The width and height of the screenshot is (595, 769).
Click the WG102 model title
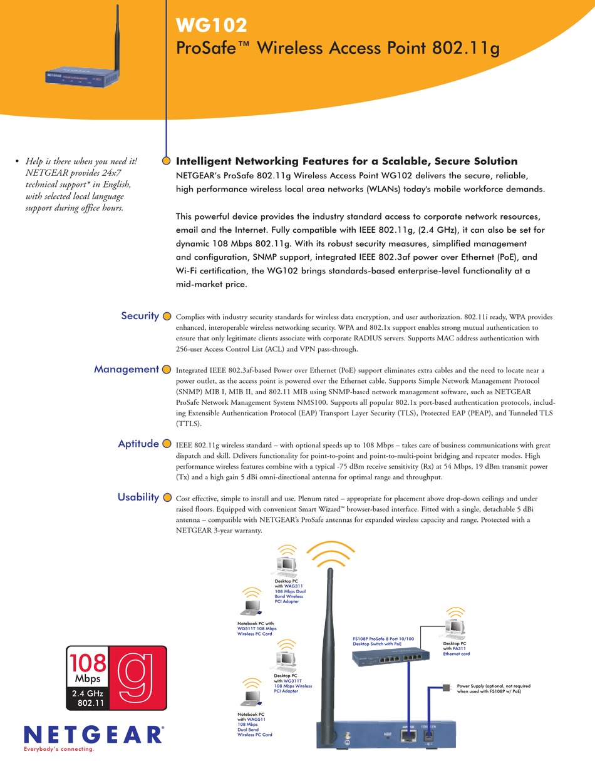(x=212, y=25)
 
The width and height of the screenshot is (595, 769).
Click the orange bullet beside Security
(x=167, y=317)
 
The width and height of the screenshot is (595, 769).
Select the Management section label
(x=126, y=369)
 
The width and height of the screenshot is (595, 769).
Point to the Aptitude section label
(x=138, y=444)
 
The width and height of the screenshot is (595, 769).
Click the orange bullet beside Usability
(x=167, y=498)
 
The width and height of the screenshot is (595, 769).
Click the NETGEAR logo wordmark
(x=93, y=734)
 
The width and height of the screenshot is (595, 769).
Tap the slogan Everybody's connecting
(x=58, y=749)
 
